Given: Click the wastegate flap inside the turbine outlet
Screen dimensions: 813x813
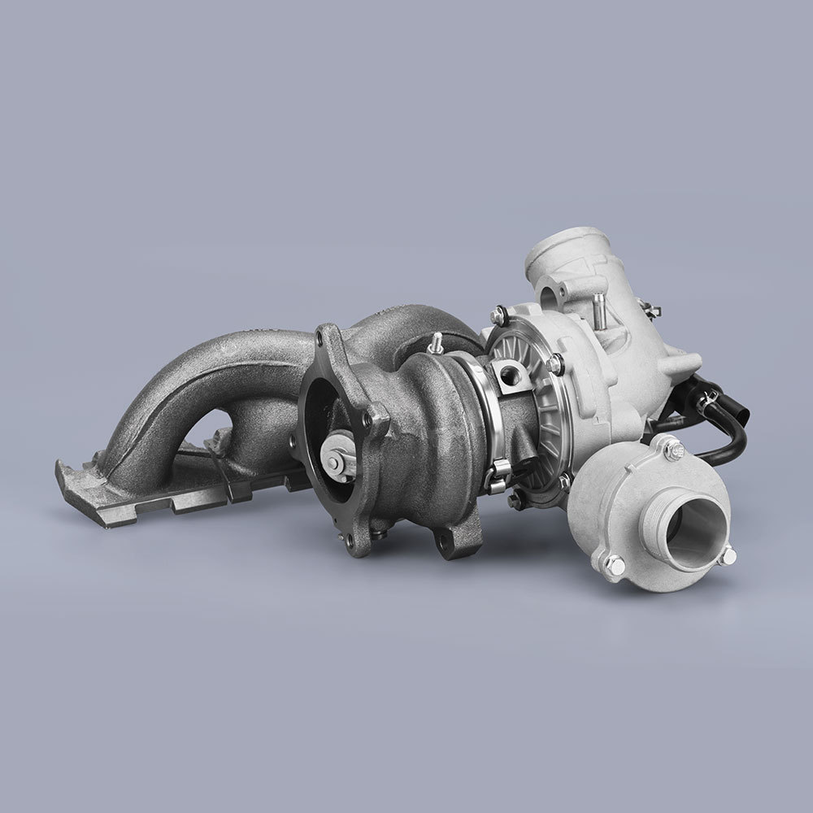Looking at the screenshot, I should [x=338, y=457].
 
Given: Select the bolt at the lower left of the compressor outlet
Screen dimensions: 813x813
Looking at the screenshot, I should [x=611, y=563].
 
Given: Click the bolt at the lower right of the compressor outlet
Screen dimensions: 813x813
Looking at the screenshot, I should [x=728, y=554].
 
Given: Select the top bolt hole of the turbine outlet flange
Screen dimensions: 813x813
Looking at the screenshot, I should [x=328, y=337].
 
